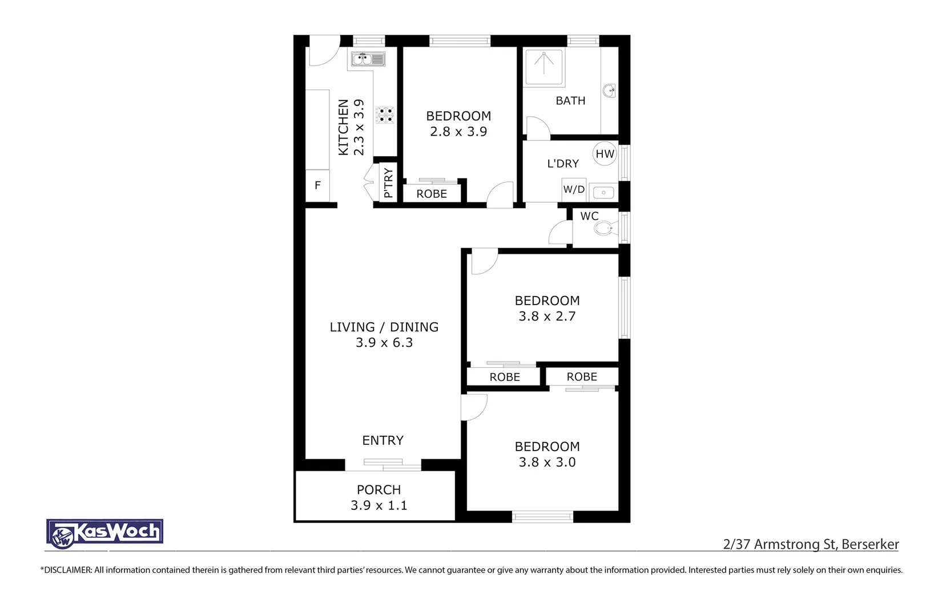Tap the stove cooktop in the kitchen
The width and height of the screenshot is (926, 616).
tap(385, 115)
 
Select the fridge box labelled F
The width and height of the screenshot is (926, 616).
tap(317, 185)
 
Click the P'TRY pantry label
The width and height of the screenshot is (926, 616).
tap(388, 183)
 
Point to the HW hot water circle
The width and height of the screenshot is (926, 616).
tap(605, 154)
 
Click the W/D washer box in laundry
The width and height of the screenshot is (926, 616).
tap(574, 189)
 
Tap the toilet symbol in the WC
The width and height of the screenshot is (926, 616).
tap(604, 229)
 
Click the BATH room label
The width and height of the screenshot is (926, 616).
tap(570, 101)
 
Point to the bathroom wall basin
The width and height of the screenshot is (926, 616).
tap(610, 90)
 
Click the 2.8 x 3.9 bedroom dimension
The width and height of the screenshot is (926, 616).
tap(458, 132)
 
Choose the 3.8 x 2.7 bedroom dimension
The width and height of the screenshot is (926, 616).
tap(547, 317)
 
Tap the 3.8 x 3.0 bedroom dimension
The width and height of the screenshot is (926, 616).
tap(547, 463)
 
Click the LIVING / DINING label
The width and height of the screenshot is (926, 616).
tap(384, 327)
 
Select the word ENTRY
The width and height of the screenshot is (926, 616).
tap(383, 440)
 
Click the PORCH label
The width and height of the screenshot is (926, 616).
tap(379, 490)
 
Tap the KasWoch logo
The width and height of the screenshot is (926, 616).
tap(104, 533)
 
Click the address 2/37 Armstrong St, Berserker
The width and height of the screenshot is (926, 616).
tap(811, 544)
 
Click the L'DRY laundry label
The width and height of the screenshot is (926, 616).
tap(563, 164)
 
